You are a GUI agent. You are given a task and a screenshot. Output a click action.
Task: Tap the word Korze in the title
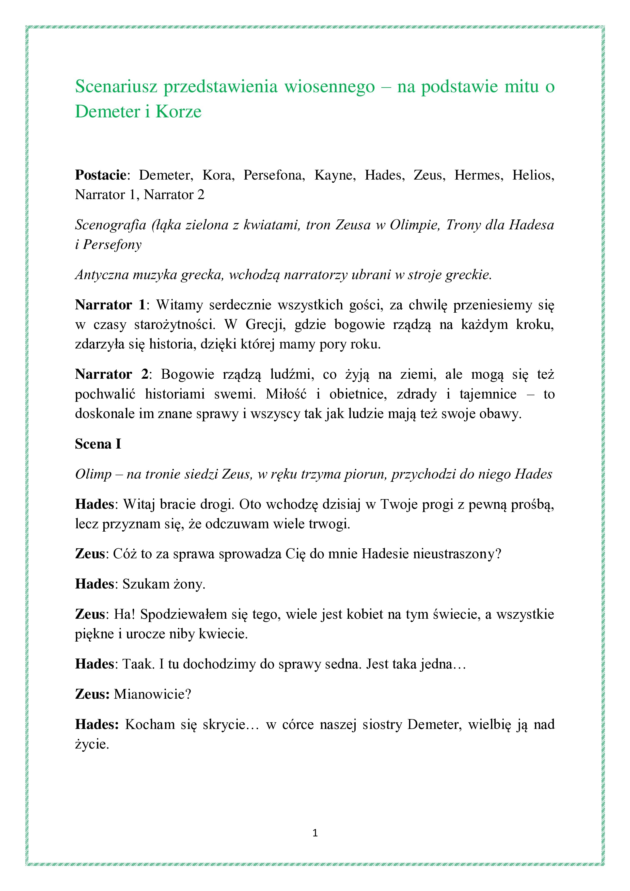179,112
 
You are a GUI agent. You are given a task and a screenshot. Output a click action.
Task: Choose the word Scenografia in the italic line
110,225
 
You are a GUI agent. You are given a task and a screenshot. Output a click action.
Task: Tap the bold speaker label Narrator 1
110,305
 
